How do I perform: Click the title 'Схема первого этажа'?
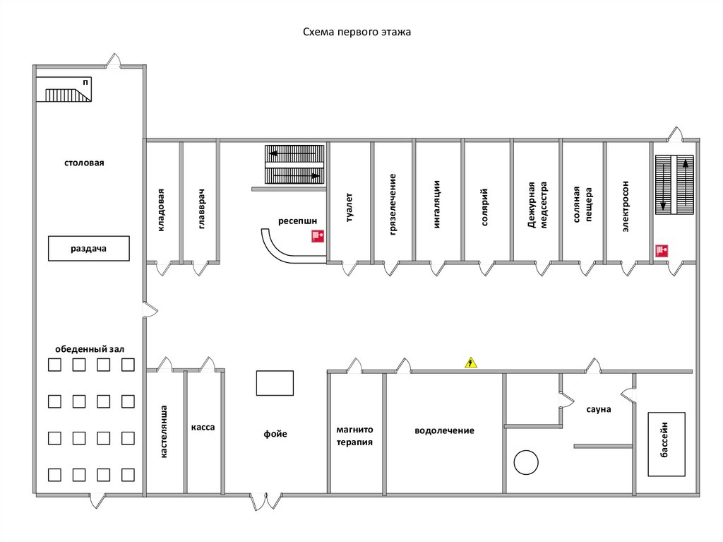(357, 32)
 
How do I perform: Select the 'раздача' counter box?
(89, 249)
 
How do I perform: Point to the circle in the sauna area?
(525, 462)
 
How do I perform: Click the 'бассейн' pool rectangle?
(667, 444)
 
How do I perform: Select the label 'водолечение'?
(444, 430)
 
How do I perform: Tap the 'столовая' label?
(84, 163)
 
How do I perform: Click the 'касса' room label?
(202, 428)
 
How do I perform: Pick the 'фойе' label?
(276, 434)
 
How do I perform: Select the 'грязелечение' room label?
(393, 204)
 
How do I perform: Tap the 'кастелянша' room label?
(165, 432)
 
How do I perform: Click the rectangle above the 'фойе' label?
(275, 383)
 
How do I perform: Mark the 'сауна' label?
(598, 409)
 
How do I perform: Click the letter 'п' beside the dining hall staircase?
(86, 82)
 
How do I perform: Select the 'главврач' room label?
(201, 209)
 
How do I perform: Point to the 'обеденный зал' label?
(90, 349)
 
